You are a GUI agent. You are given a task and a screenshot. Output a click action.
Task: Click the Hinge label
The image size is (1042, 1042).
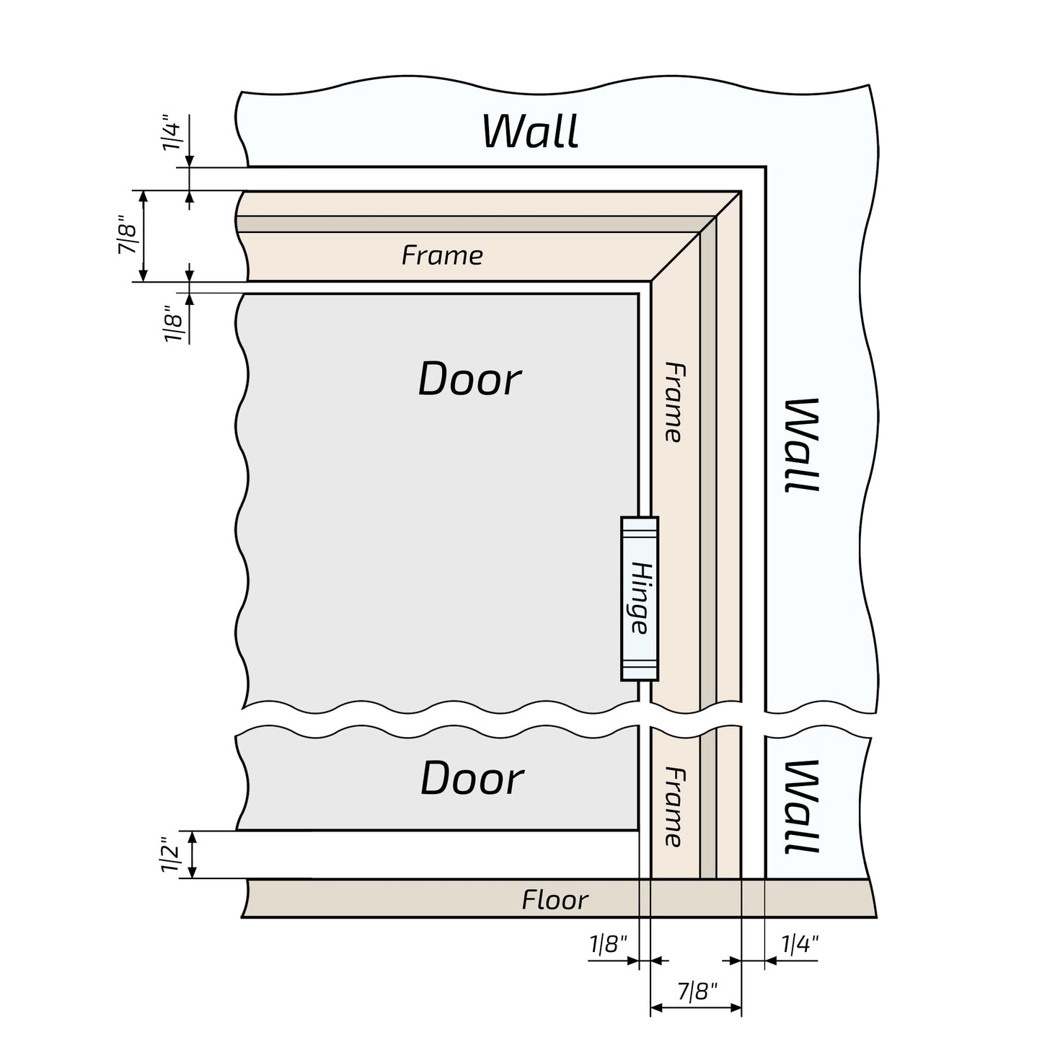click(639, 598)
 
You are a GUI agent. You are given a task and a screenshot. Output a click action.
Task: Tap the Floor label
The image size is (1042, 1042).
click(555, 899)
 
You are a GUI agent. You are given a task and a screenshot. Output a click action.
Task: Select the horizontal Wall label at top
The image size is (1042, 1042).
click(530, 131)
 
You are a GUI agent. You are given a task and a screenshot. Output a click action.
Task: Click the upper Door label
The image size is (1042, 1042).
click(469, 379)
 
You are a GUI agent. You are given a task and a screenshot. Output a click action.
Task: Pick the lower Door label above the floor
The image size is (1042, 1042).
click(472, 779)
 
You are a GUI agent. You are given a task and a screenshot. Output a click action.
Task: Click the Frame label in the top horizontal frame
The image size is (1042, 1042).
click(442, 255)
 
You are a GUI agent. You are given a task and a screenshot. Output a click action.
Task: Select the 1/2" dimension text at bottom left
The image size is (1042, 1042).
click(170, 855)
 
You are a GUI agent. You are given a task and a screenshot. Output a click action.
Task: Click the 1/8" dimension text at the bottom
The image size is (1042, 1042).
click(609, 944)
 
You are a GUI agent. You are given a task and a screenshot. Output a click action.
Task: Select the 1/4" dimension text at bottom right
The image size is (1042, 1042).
click(800, 944)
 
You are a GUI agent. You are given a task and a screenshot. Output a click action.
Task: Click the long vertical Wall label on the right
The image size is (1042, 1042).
click(801, 445)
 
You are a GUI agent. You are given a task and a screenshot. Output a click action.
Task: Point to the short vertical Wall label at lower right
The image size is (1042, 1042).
click(801, 806)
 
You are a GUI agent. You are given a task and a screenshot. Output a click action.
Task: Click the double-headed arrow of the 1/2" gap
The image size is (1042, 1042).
click(193, 855)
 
